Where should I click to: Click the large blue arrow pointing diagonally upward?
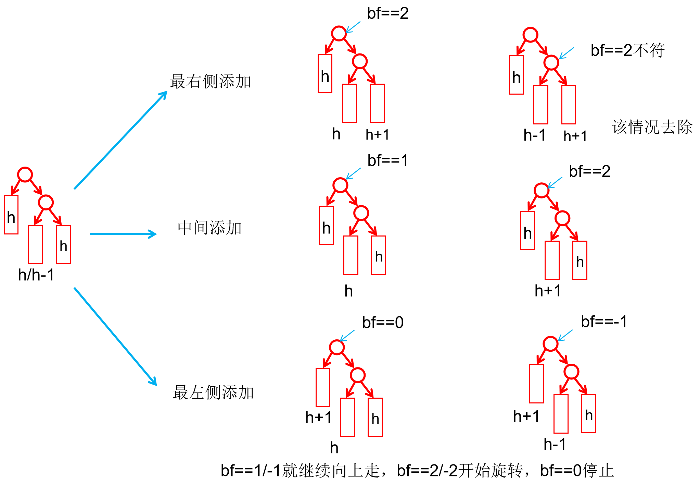120,140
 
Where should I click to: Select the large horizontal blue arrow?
123,234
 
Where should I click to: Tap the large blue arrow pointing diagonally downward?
115,337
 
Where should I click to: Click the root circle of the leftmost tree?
25,174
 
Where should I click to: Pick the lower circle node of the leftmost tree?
46,202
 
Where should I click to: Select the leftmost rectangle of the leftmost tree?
11,215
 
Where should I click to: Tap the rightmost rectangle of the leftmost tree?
63,244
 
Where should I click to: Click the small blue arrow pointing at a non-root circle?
567,53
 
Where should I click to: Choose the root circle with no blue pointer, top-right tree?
530,35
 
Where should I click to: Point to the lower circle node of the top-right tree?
551,62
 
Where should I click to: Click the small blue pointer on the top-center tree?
353,27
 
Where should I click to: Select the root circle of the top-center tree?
339,33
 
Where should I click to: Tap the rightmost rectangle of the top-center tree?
377,103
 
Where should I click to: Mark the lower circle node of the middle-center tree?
361,213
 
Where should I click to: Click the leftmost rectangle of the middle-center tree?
326,225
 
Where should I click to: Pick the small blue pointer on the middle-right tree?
555,182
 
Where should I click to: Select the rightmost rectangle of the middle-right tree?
580,260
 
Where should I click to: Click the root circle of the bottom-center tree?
337,347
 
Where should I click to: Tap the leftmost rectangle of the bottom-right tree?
536,384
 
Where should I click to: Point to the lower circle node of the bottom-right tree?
571,372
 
